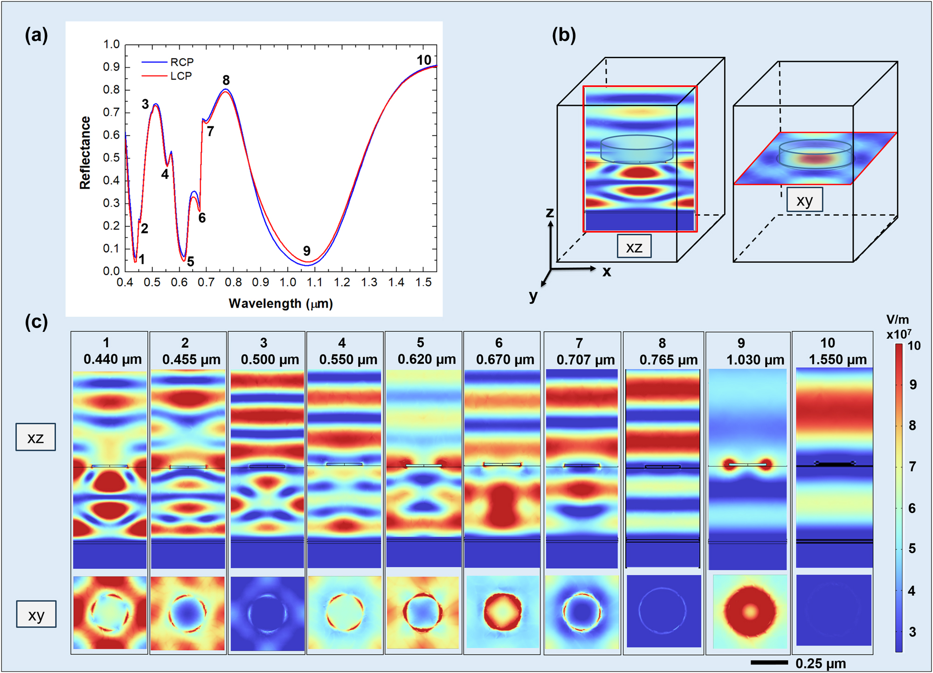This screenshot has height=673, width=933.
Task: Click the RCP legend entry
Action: point(181,62)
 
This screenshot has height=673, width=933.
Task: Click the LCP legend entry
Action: point(180,76)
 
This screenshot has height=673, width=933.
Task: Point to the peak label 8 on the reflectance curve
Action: point(226,80)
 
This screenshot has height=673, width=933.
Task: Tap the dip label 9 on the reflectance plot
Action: point(306,251)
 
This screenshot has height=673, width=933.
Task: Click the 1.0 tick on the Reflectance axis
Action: point(111,45)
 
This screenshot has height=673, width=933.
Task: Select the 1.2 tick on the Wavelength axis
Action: point(342,282)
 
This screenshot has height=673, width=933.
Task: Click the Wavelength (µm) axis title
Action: point(281,304)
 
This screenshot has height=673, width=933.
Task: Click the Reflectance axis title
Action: point(85,153)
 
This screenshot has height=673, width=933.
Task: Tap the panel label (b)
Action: point(563,35)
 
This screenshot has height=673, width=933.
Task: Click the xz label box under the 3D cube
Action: point(634,247)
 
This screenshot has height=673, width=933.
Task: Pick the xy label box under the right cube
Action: point(804,200)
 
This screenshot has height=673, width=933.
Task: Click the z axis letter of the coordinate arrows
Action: point(550,213)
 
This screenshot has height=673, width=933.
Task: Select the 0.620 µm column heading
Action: point(426,360)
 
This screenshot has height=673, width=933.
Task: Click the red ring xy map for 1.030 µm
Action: point(749,611)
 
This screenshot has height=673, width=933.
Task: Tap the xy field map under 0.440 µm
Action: point(110,612)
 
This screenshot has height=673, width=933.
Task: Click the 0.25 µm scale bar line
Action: point(769,662)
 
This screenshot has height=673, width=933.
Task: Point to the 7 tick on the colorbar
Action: point(912,467)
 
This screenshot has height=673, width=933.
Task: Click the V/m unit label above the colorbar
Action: point(897,320)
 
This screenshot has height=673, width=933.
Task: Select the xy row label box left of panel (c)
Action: point(36,615)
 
